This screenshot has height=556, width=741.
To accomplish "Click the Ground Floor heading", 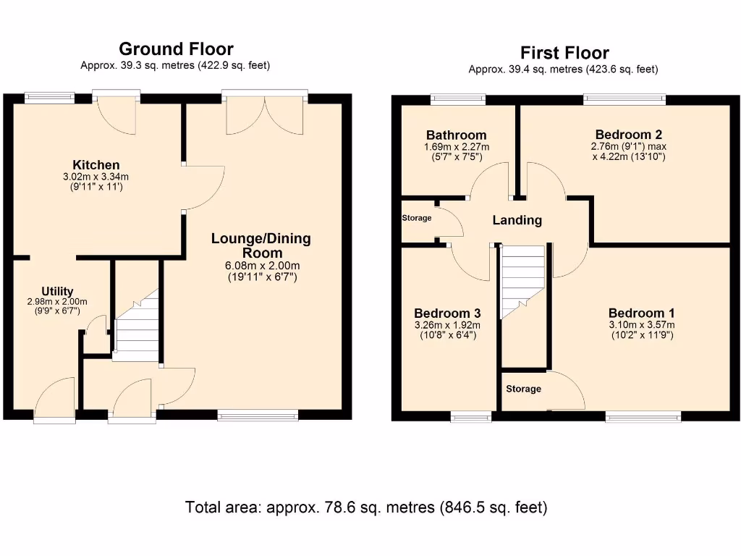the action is coord(176,49).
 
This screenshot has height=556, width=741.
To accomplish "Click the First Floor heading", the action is coord(564,52).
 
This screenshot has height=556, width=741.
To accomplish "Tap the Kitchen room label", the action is coord(96,165).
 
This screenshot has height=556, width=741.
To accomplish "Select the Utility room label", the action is coord(57,291).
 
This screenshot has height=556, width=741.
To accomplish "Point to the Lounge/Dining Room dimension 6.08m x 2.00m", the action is coord(262,266).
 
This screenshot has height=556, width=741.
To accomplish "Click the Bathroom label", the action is coord(456,135).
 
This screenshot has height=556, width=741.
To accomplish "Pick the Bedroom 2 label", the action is coord(629,135).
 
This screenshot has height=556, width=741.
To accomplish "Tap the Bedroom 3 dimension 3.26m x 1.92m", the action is coord(447,325).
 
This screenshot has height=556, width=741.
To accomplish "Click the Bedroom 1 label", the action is coord(641,313).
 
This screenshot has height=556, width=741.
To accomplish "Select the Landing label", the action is coord(517,220).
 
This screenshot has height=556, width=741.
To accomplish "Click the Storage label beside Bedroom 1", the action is coord(523,389).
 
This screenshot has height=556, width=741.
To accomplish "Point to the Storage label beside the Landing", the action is coord(416,218).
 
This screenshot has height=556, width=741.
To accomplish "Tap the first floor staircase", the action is coord(523,282).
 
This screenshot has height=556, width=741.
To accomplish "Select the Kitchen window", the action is coord(50,98).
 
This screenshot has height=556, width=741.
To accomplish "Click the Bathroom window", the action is coord(458,98).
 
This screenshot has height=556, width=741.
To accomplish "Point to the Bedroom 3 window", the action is coord(470,416).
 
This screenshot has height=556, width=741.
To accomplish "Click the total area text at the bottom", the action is coord(366,507).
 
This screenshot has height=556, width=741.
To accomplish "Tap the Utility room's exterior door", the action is coord(55,398).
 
